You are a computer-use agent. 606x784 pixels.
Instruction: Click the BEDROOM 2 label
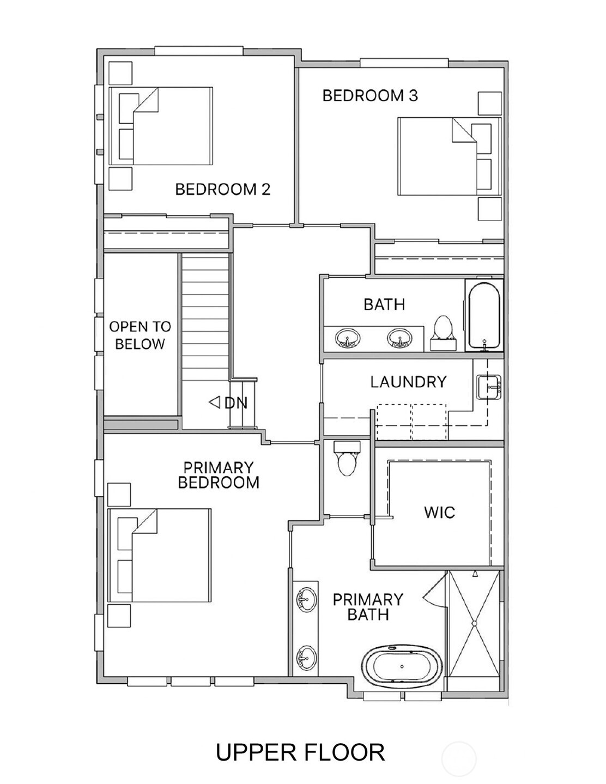pyautogui.click(x=222, y=190)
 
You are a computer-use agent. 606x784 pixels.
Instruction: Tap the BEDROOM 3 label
pyautogui.click(x=370, y=95)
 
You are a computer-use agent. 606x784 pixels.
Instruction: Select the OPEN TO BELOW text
pyautogui.click(x=140, y=335)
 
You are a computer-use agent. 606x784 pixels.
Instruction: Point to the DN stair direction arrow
pyautogui.click(x=215, y=402)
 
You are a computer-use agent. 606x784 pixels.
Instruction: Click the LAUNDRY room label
pyautogui.click(x=408, y=382)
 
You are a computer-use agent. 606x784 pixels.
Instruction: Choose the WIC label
pyautogui.click(x=439, y=512)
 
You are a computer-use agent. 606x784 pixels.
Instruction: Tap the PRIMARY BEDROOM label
pyautogui.click(x=219, y=475)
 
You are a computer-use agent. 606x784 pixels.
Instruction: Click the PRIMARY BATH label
pyautogui.click(x=368, y=607)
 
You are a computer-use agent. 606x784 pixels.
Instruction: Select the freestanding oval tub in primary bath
pyautogui.click(x=402, y=667)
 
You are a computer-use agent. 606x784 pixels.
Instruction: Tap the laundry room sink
pyautogui.click(x=489, y=387)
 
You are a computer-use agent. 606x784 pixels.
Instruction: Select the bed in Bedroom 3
pyautogui.click(x=450, y=156)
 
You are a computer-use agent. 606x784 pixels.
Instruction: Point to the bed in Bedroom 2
pyautogui.click(x=161, y=126)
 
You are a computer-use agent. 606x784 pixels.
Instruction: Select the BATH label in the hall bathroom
pyautogui.click(x=384, y=305)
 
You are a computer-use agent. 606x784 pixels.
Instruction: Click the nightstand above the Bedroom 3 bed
pyautogui.click(x=489, y=103)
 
